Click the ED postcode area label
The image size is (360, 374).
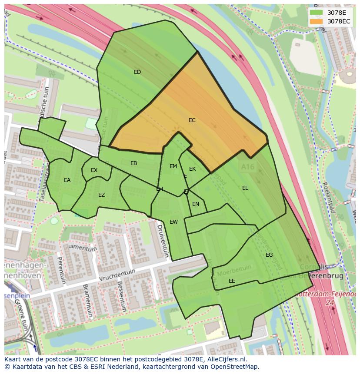click(137, 72)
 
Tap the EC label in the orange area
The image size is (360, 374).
click(192, 120)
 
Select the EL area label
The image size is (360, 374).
click(245, 188)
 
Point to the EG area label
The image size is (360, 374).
click(269, 255)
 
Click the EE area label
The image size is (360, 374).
click(232, 281)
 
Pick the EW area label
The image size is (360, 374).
click(173, 222)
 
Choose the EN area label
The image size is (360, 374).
click(196, 204)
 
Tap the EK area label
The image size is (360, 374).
click(193, 169)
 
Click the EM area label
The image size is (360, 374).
click(173, 166)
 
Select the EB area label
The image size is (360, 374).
click(134, 163)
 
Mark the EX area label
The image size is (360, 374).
click(94, 170)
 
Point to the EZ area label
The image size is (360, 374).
click(101, 195)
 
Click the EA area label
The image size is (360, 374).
click(67, 180)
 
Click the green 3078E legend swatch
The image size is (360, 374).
click(316, 13)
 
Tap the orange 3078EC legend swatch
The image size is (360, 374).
click(316, 21)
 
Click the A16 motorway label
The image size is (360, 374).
click(247, 166)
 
